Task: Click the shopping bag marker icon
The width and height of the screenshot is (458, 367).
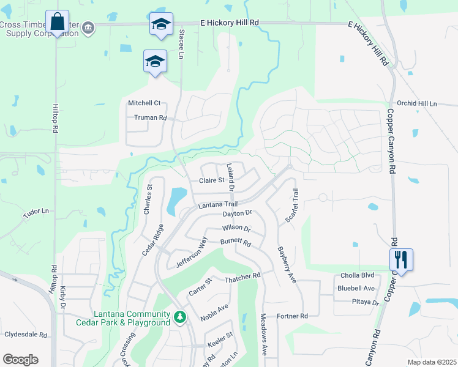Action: (57, 22)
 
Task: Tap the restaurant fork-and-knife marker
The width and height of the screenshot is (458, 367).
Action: (401, 259)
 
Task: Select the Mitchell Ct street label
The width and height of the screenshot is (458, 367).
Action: (144, 103)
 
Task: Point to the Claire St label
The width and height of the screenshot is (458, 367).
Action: (212, 180)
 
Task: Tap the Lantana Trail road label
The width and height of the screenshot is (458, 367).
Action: (217, 206)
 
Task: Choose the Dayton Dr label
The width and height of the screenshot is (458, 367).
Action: (237, 213)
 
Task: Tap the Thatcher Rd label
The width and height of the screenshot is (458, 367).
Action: (242, 276)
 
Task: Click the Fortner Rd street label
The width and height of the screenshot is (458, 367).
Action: (291, 316)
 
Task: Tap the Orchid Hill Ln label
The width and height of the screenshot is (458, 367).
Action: (417, 104)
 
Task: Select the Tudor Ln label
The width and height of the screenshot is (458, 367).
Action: (36, 212)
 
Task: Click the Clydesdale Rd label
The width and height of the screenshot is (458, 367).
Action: (26, 335)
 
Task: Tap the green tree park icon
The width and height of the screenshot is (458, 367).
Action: (180, 317)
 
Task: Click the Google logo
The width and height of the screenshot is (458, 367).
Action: (20, 360)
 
